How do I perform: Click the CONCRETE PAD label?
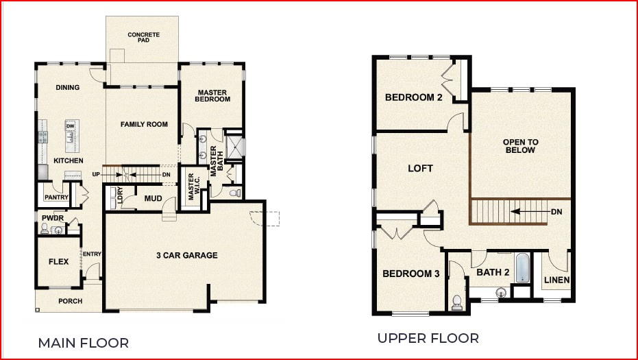[x=143, y=37]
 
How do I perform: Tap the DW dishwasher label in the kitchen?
[x=70, y=126]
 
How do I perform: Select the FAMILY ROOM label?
[x=144, y=124]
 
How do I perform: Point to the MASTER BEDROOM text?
[x=213, y=96]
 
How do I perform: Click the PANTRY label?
[x=56, y=197]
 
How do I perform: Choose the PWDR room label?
[x=52, y=218]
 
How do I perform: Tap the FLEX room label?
[x=58, y=261]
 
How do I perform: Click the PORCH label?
[x=70, y=301]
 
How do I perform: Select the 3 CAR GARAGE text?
[x=186, y=256]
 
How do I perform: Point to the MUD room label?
[x=153, y=199]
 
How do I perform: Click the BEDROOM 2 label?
[x=413, y=97]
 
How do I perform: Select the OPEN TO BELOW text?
[x=522, y=146]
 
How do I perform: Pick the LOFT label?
[x=420, y=168]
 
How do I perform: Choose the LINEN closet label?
[x=556, y=280]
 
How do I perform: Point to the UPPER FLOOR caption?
[x=428, y=338]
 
